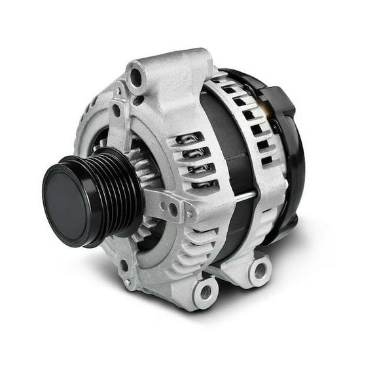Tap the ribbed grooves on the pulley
coord(115,190)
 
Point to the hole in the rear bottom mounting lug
coord(259,270)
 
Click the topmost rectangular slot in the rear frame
coord(229,88)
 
